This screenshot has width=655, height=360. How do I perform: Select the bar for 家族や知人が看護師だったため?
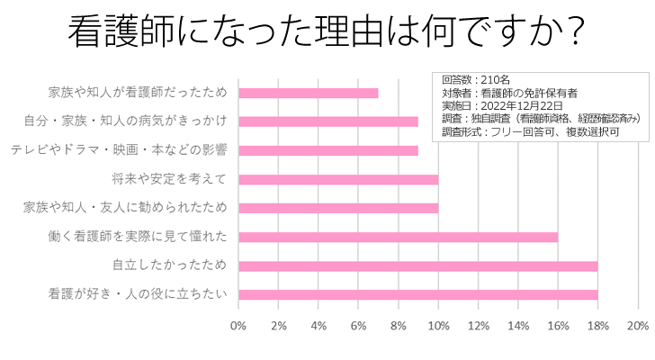[x=308, y=93]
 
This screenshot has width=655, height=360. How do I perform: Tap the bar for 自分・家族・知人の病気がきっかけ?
[x=327, y=121]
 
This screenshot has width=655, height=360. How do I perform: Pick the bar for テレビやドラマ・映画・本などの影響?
[x=327, y=150]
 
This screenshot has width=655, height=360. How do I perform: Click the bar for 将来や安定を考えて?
[x=337, y=179]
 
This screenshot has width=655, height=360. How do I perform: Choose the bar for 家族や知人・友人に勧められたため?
[x=337, y=208]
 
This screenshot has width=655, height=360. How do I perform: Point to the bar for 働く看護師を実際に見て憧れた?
[x=398, y=237]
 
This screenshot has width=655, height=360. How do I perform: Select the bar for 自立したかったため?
[x=417, y=265]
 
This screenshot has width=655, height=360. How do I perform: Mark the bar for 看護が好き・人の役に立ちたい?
[x=417, y=294]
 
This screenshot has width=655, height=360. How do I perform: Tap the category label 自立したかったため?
[x=168, y=265]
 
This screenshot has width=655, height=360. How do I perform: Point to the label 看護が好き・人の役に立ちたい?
[x=137, y=294]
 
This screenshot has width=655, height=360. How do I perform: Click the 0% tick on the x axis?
[x=238, y=325]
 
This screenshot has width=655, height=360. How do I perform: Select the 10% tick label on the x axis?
[x=438, y=325]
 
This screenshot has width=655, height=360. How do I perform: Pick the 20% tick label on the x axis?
[x=637, y=325]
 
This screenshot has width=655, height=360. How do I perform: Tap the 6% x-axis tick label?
[x=358, y=325]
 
